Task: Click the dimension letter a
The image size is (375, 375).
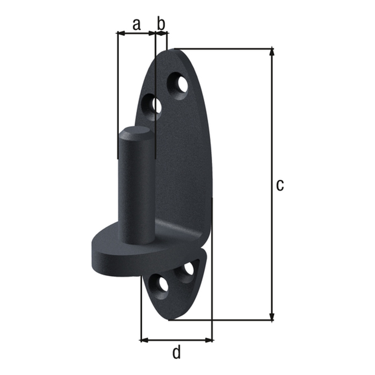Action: [136, 24]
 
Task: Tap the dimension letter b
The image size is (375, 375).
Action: [161, 24]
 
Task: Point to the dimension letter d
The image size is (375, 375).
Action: [177, 353]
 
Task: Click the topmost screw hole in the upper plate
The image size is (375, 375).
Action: [179, 85]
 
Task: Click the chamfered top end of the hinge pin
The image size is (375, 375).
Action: [136, 133]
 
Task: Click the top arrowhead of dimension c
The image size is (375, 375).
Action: [272, 52]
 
